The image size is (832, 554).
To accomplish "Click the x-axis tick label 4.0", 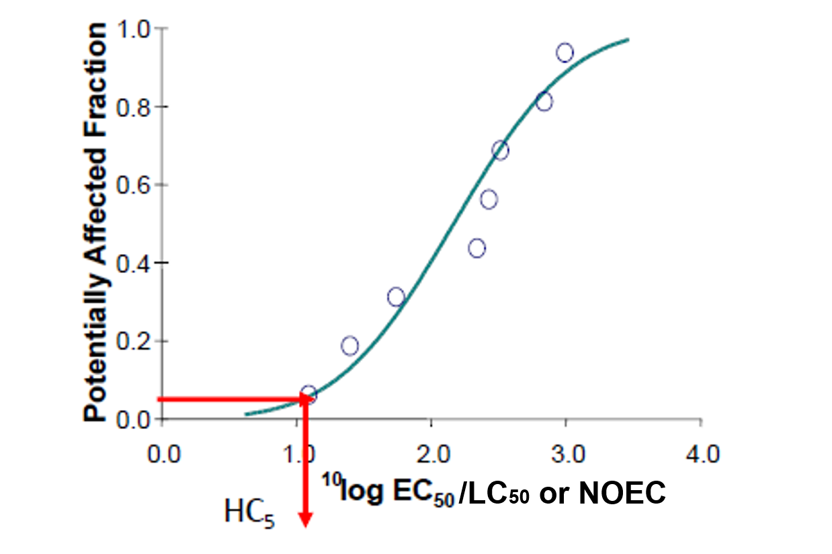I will [701, 454].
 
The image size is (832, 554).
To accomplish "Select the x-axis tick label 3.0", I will [566, 454].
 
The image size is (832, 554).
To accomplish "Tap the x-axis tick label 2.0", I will [431, 454].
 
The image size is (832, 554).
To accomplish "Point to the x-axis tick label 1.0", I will [296, 454].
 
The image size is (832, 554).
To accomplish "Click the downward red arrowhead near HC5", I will [306, 518].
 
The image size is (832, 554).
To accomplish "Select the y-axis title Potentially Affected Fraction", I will [95, 222].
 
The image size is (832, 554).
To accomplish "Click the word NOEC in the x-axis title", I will [622, 493].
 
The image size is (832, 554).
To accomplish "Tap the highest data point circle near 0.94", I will [565, 52].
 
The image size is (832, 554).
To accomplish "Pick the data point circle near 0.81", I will [544, 102].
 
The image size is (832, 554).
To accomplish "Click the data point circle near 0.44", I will [477, 248].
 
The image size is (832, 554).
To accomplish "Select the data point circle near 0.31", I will [397, 296].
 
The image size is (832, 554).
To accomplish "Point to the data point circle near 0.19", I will [349, 346].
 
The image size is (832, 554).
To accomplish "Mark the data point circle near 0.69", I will [500, 150].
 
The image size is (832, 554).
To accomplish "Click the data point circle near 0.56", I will [489, 199].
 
